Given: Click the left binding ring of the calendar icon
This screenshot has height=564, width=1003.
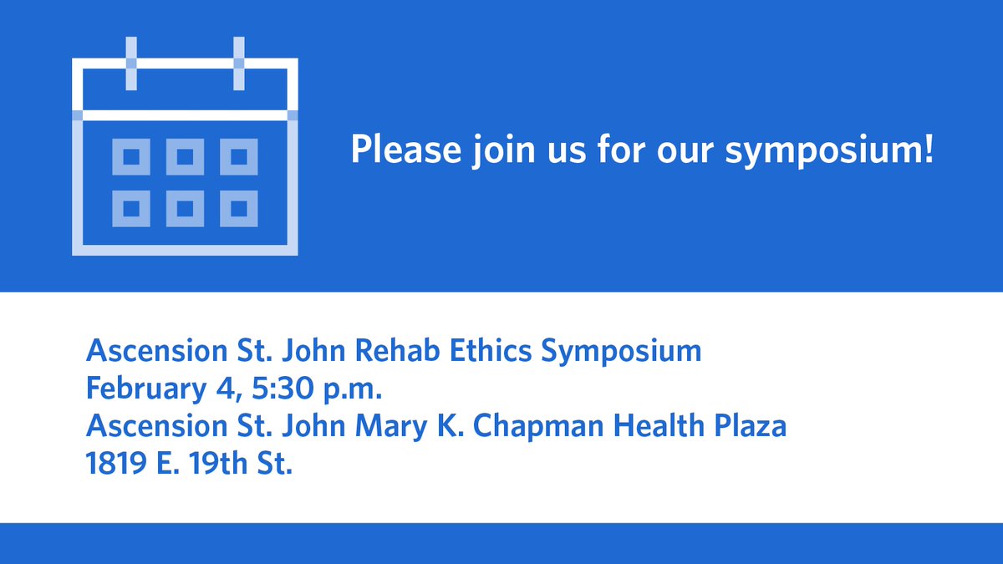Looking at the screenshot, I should tap(131, 64).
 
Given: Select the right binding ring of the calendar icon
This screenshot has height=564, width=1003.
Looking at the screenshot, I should tap(239, 64).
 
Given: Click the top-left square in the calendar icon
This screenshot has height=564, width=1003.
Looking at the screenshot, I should tap(131, 157).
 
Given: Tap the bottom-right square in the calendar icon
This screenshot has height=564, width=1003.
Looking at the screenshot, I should tap(239, 208).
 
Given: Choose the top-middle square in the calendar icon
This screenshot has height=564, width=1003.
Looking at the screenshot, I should tap(185, 157).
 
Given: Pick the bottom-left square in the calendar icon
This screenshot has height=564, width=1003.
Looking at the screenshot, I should tap(131, 208).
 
